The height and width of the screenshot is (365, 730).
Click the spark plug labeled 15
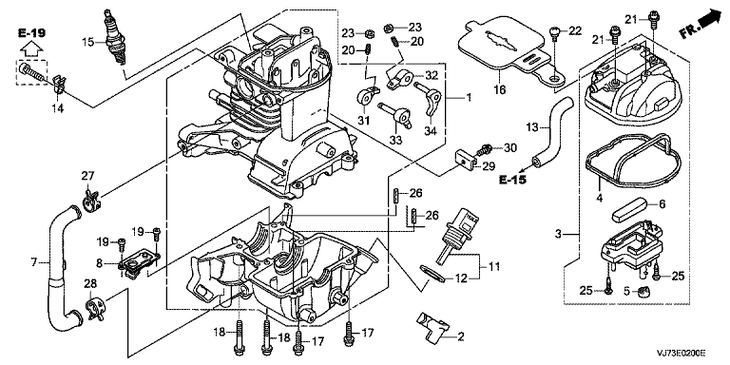click(x=116, y=37)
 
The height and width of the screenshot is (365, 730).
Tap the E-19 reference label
click(x=32, y=32)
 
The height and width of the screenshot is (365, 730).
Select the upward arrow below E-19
click(x=32, y=48)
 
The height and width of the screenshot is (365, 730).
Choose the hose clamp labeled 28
click(x=95, y=308)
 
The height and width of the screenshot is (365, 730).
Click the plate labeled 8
click(x=137, y=264)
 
